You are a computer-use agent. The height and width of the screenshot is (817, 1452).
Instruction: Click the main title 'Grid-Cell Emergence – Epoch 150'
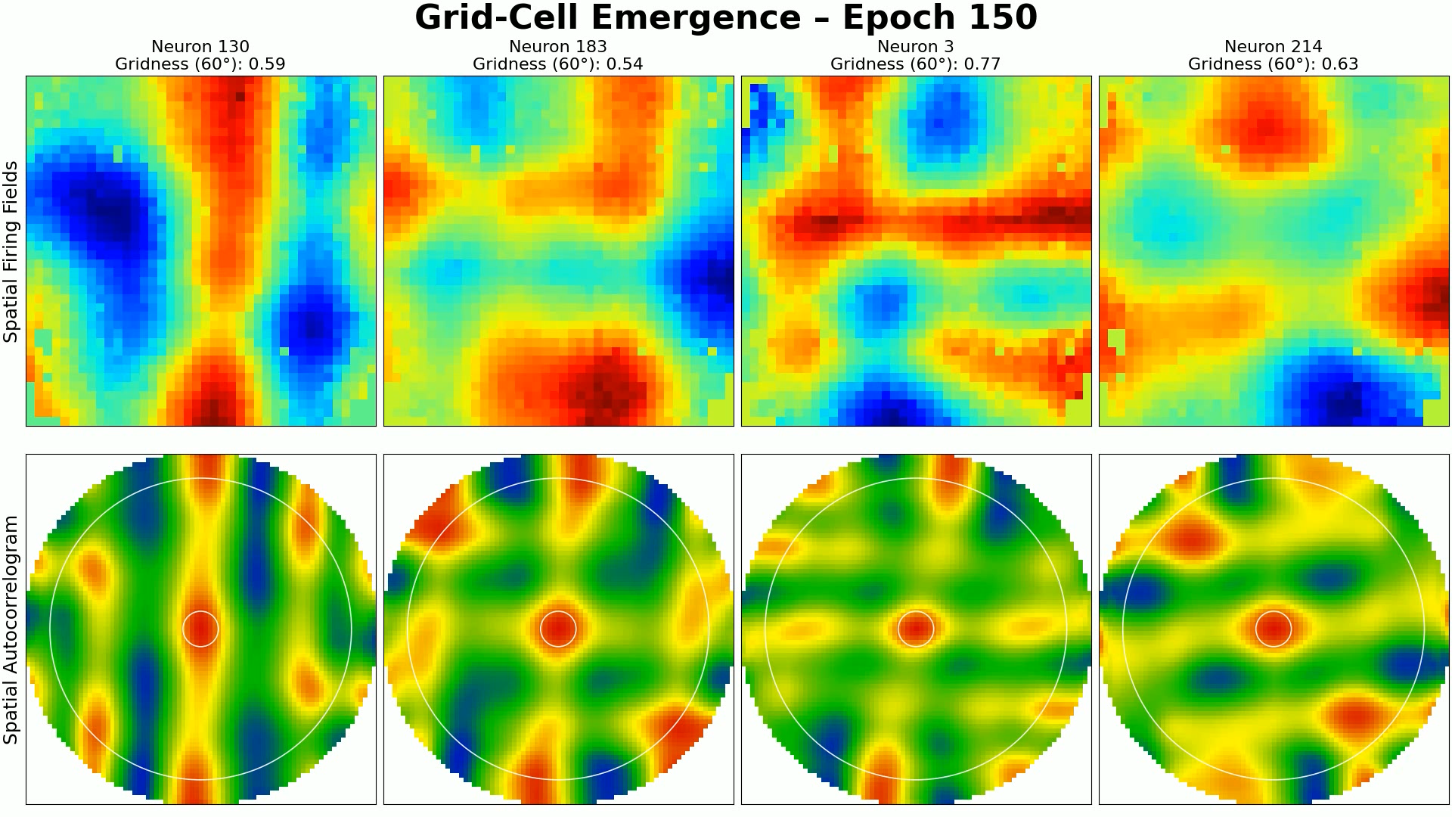(x=725, y=18)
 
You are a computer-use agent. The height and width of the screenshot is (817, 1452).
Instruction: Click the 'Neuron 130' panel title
(x=200, y=47)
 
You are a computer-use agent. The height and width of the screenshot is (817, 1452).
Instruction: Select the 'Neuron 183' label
(x=558, y=47)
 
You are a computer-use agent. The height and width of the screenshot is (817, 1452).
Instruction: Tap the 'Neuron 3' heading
(x=915, y=47)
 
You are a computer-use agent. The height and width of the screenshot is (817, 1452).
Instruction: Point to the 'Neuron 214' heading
(x=1273, y=47)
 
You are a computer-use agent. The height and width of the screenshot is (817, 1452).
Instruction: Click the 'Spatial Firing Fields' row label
(x=11, y=251)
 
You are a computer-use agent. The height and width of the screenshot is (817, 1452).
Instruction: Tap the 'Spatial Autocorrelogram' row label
(x=11, y=629)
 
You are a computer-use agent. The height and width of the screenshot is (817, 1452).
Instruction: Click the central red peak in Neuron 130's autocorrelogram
(x=200, y=629)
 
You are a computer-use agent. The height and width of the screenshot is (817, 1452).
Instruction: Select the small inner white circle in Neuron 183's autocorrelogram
(x=558, y=612)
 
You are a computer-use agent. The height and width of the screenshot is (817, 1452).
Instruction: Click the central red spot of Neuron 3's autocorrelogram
(x=916, y=629)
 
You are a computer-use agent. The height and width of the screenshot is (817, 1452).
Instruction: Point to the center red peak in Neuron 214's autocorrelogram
(x=1274, y=629)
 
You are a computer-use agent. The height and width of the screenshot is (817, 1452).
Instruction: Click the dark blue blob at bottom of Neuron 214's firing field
(x=1342, y=397)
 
